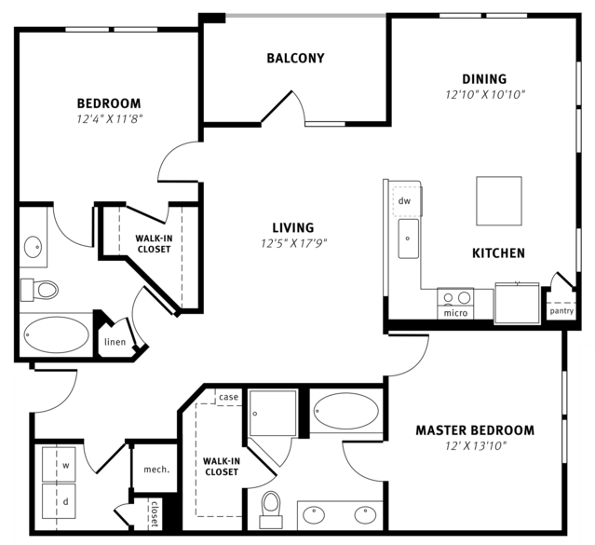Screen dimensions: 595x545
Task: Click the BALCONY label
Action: [295, 58]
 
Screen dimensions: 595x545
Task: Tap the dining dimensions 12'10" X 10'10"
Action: [484, 94]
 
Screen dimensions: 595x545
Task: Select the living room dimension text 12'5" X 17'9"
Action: [293, 242]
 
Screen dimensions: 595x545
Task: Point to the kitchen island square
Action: [499, 201]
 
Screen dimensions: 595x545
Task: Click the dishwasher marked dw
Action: [406, 201]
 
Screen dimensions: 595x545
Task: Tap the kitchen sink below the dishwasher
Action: [408, 238]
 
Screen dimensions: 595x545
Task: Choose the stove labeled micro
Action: [455, 303]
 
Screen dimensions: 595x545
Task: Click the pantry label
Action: [561, 311]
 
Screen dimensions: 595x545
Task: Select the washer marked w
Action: [59, 465]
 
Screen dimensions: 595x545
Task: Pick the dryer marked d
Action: [59, 501]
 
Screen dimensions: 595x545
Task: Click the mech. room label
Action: [156, 470]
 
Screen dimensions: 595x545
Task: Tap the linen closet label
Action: [115, 342]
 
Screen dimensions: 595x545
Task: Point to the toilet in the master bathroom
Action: [271, 509]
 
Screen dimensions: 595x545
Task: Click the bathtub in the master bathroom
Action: [346, 411]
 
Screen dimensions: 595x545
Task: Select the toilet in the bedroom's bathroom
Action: [39, 290]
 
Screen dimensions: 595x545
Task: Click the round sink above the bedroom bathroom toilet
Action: [33, 247]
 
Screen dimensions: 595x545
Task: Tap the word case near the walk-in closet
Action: [228, 397]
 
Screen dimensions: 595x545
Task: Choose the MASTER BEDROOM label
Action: [475, 430]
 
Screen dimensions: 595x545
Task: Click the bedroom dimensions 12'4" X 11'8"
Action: [109, 119]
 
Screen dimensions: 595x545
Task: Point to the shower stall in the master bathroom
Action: [273, 414]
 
